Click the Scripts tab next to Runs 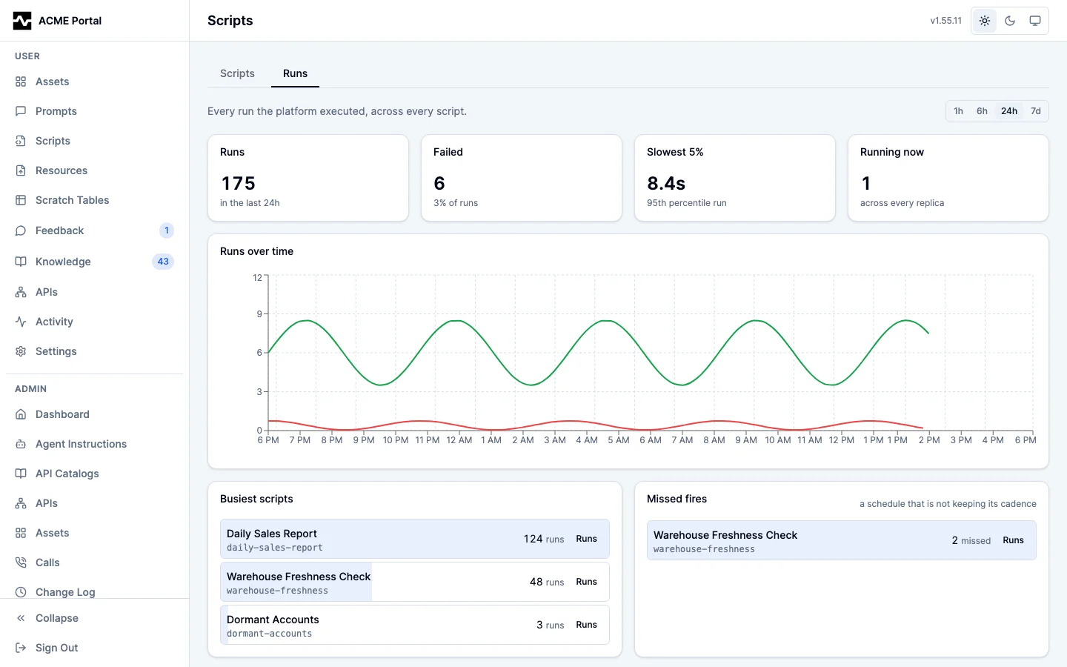pyautogui.click(x=237, y=73)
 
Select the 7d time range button pyautogui.click(x=1036, y=111)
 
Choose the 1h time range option pyautogui.click(x=958, y=111)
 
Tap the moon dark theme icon pyautogui.click(x=1010, y=21)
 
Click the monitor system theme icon pyautogui.click(x=1035, y=21)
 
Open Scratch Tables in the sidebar pyautogui.click(x=73, y=200)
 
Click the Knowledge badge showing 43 pyautogui.click(x=163, y=262)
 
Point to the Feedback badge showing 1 pyautogui.click(x=166, y=230)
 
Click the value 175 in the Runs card pyautogui.click(x=238, y=184)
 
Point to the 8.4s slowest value pyautogui.click(x=666, y=184)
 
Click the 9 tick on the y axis pyautogui.click(x=259, y=314)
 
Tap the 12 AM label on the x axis pyautogui.click(x=459, y=440)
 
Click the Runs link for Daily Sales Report pyautogui.click(x=586, y=538)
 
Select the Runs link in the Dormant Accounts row pyautogui.click(x=586, y=624)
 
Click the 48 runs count pyautogui.click(x=547, y=582)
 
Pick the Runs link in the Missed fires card pyautogui.click(x=1013, y=540)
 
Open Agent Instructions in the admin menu pyautogui.click(x=81, y=444)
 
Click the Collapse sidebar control pyautogui.click(x=56, y=618)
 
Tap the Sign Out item pyautogui.click(x=56, y=648)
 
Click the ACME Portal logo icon pyautogui.click(x=22, y=21)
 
